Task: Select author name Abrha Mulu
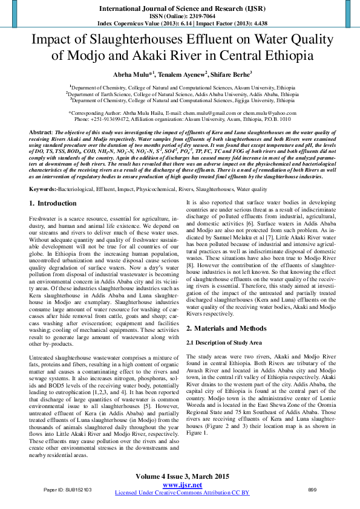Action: click(x=137, y=74)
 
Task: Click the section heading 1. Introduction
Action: click(x=53, y=204)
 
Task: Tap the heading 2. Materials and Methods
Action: click(x=226, y=328)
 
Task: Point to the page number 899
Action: click(x=312, y=489)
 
